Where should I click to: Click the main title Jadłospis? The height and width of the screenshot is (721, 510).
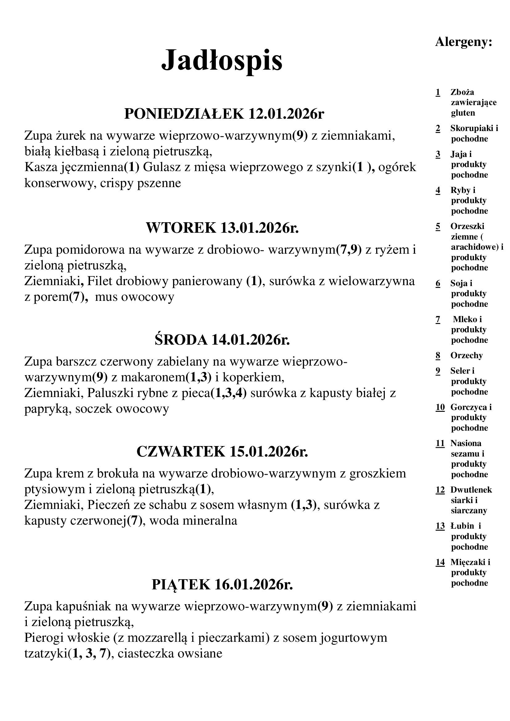(x=222, y=60)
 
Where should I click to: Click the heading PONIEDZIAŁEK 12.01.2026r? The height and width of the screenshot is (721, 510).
(x=224, y=113)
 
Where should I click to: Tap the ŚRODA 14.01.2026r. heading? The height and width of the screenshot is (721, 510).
(x=222, y=339)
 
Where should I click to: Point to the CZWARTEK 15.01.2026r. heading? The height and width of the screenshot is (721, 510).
(x=222, y=451)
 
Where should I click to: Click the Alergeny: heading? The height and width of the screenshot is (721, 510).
(x=463, y=42)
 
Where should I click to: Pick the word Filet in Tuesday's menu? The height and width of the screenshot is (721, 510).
(x=100, y=281)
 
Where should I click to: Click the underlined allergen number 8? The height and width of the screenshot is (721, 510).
(x=438, y=355)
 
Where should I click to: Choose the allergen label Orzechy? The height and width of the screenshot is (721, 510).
(x=466, y=355)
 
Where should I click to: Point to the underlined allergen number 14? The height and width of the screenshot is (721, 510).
(x=440, y=562)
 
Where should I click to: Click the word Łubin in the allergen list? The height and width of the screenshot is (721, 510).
(x=462, y=526)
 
